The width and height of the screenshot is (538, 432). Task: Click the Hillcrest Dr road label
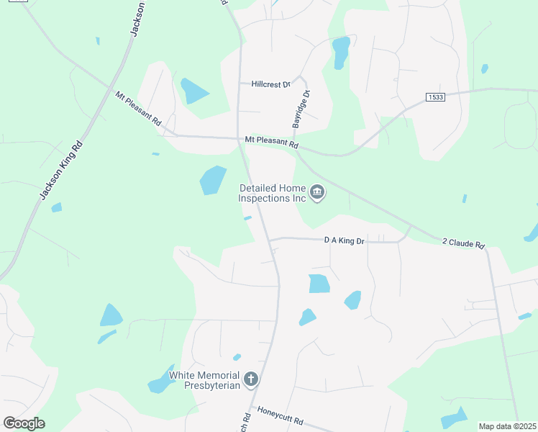pyautogui.click(x=270, y=84)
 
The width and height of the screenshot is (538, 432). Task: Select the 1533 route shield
pyautogui.click(x=435, y=97)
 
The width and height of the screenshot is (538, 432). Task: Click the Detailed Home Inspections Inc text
pyautogui.click(x=273, y=193)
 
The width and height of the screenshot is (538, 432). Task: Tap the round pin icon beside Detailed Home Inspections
pyautogui.click(x=317, y=192)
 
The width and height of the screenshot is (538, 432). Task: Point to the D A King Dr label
pyautogui.click(x=345, y=240)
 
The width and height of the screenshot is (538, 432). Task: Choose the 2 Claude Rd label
pyautogui.click(x=463, y=244)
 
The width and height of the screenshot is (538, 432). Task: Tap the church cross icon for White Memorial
pyautogui.click(x=251, y=379)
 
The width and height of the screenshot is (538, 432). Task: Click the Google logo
pyautogui.click(x=24, y=423)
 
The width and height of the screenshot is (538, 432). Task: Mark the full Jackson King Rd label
pyautogui.click(x=61, y=171)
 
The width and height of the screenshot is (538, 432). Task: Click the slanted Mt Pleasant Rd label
pyautogui.click(x=138, y=108)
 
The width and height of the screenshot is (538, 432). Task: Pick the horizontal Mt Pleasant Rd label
pyautogui.click(x=271, y=142)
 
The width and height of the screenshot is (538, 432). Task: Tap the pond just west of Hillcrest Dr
pyautogui.click(x=192, y=91)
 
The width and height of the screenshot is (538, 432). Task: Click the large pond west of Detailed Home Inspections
pyautogui.click(x=213, y=180)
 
